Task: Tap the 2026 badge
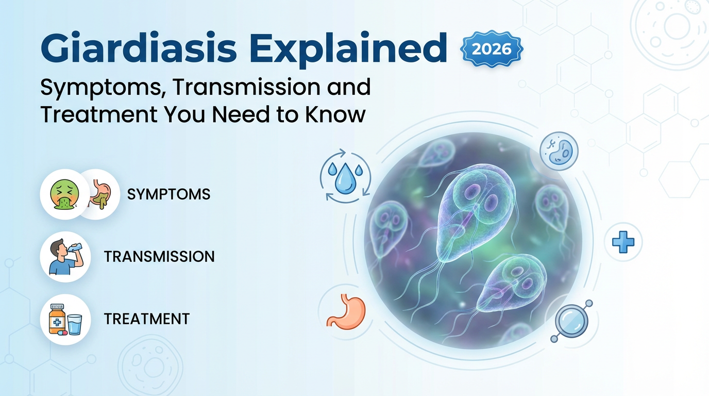[492, 49]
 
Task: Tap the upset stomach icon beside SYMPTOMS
[101, 194]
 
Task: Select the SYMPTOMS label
[168, 194]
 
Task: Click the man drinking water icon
[65, 256]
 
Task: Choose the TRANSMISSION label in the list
[159, 257]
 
